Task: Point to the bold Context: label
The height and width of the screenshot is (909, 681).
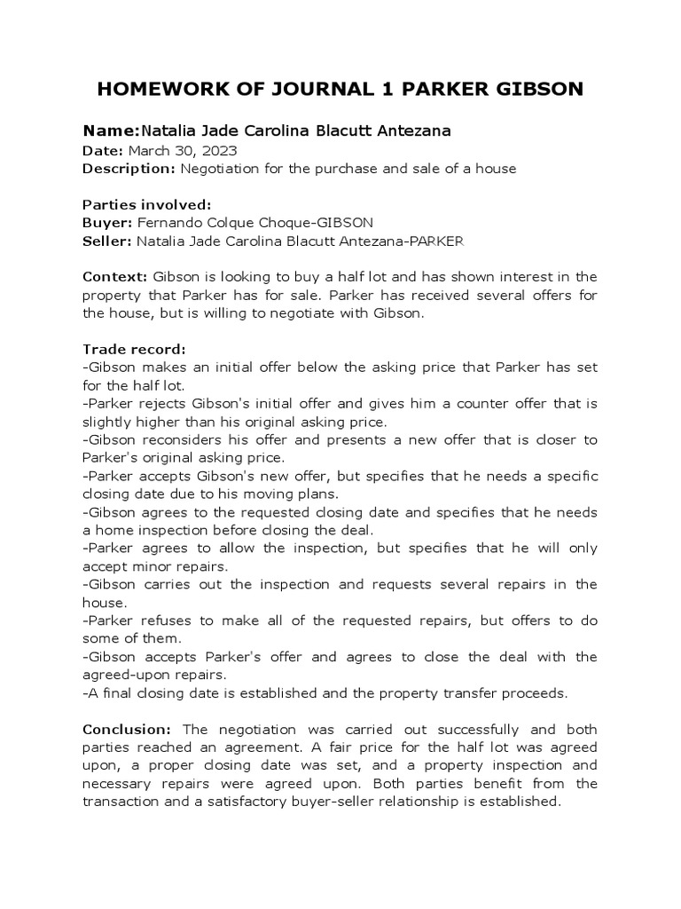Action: tap(115, 277)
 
